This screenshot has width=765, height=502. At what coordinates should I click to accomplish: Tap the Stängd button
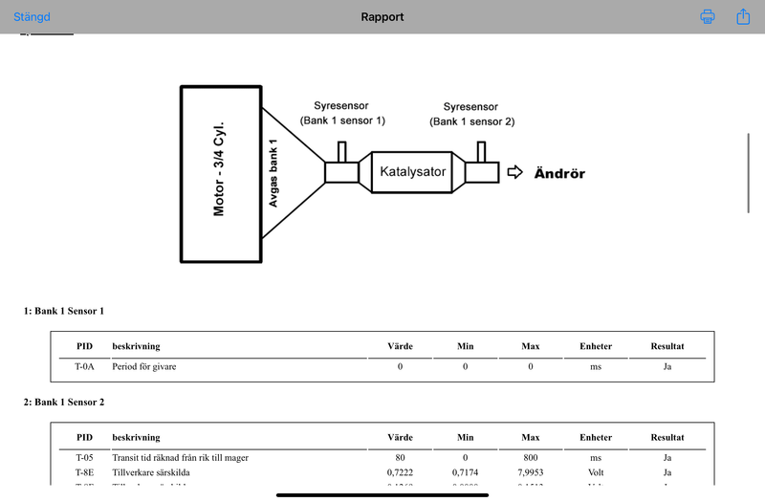[32, 17]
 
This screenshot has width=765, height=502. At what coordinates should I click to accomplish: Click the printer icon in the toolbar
[708, 17]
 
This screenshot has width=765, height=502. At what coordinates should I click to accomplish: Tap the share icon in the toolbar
[743, 17]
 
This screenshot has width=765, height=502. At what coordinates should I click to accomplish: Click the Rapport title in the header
[382, 17]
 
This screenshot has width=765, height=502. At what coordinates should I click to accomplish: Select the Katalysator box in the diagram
[413, 173]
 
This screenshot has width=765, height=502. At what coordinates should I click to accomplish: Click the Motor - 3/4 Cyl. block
[221, 173]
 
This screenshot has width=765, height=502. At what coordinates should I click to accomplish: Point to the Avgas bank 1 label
[273, 173]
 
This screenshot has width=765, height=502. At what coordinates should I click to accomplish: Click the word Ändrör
[559, 174]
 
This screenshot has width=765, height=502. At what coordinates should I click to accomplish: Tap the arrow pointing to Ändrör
[515, 173]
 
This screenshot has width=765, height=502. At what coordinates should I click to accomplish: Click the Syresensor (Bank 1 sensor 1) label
[341, 113]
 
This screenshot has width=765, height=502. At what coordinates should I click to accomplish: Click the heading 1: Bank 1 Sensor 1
[64, 311]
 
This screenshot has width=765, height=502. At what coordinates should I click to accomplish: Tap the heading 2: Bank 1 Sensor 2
[64, 402]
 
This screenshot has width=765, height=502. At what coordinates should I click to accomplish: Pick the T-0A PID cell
[84, 366]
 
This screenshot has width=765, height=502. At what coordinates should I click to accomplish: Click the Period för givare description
[144, 366]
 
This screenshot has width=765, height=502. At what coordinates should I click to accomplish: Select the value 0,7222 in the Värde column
[400, 472]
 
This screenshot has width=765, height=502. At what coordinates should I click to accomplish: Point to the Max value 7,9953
[531, 472]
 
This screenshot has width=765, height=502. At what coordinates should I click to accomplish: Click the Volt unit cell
[595, 472]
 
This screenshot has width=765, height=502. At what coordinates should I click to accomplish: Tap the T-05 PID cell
[84, 457]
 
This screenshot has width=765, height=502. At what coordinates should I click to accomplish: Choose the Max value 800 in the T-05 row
[531, 457]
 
